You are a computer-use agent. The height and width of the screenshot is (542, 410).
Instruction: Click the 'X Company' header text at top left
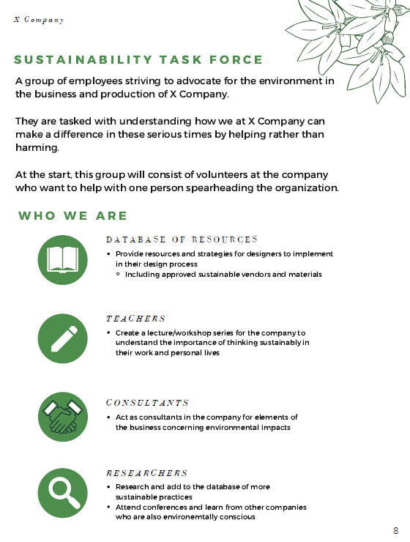click(39, 20)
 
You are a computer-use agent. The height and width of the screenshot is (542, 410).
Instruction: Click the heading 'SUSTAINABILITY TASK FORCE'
click(138, 60)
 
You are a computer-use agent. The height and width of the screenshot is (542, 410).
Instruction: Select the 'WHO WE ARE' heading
click(72, 215)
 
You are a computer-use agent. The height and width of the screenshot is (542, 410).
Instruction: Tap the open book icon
click(62, 259)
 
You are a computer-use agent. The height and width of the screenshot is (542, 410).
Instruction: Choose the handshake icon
click(62, 417)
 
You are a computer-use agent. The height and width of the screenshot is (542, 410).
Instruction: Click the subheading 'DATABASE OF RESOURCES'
click(182, 240)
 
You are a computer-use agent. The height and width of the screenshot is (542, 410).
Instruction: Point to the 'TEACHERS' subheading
click(135, 319)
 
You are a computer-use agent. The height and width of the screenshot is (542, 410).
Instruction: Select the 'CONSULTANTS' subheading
click(147, 403)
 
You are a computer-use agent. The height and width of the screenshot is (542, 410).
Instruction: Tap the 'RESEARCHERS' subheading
click(146, 473)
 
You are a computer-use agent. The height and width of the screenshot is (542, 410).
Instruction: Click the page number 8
click(395, 530)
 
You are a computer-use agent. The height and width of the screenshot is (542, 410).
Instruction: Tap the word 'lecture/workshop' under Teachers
click(181, 333)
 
